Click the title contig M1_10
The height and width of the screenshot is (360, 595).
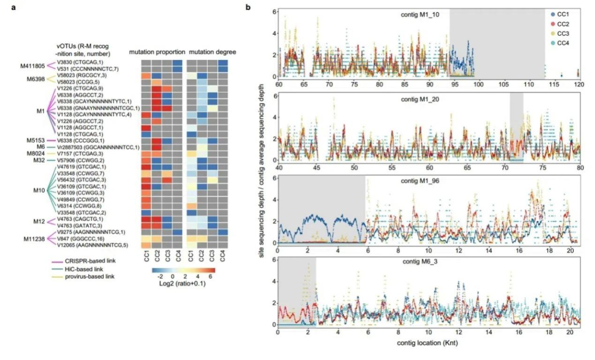pos(419,14)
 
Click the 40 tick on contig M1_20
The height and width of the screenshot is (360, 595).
pos(279,168)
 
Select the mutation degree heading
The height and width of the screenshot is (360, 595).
pos(213,52)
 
